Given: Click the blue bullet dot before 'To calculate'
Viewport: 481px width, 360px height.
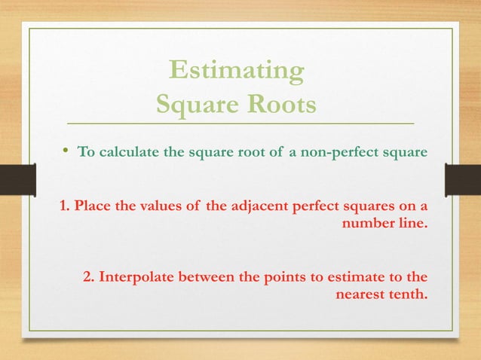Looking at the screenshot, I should click(x=66, y=151).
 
